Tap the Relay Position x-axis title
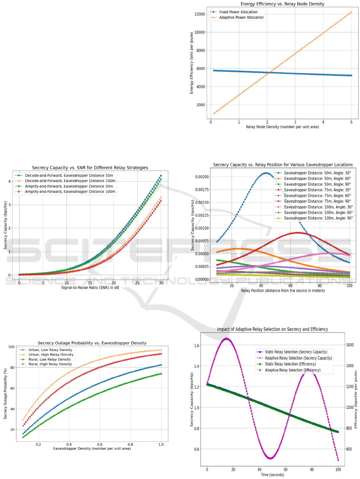pyautogui.click(x=283, y=290)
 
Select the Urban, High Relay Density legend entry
pyautogui.click(x=53, y=355)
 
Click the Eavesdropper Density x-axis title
pyautogui.click(x=92, y=449)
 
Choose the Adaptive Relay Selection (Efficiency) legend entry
pyautogui.click(x=296, y=371)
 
